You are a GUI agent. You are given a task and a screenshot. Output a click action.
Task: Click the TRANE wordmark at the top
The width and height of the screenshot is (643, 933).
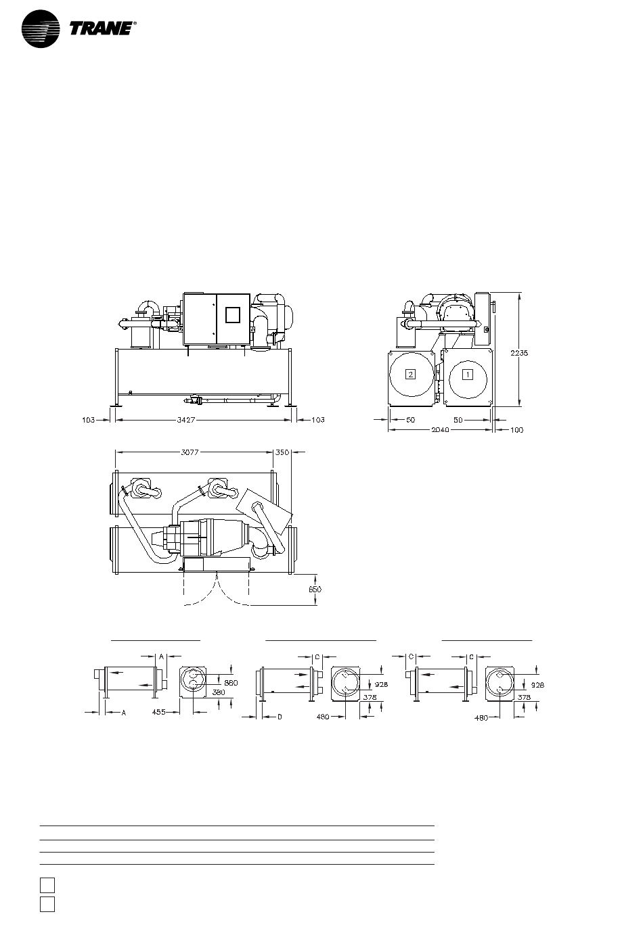102,28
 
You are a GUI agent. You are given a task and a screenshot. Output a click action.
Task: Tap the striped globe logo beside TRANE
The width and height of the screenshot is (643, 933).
41,28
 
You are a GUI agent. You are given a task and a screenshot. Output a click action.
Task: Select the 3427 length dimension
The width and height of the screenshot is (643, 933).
186,420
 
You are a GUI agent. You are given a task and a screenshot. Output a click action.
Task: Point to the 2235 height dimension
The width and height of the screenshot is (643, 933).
519,353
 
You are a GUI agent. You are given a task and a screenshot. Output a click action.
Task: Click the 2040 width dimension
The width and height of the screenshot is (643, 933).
440,430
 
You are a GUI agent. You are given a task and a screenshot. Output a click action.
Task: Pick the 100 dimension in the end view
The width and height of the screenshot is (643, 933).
516,430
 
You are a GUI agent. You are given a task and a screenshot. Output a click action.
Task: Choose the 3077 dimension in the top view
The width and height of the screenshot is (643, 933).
190,452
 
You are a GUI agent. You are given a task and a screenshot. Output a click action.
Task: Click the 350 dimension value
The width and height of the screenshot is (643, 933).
282,452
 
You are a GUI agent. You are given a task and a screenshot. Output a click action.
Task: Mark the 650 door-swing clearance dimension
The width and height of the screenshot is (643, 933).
315,590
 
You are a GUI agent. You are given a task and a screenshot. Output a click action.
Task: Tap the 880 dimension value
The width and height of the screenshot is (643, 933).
231,683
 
